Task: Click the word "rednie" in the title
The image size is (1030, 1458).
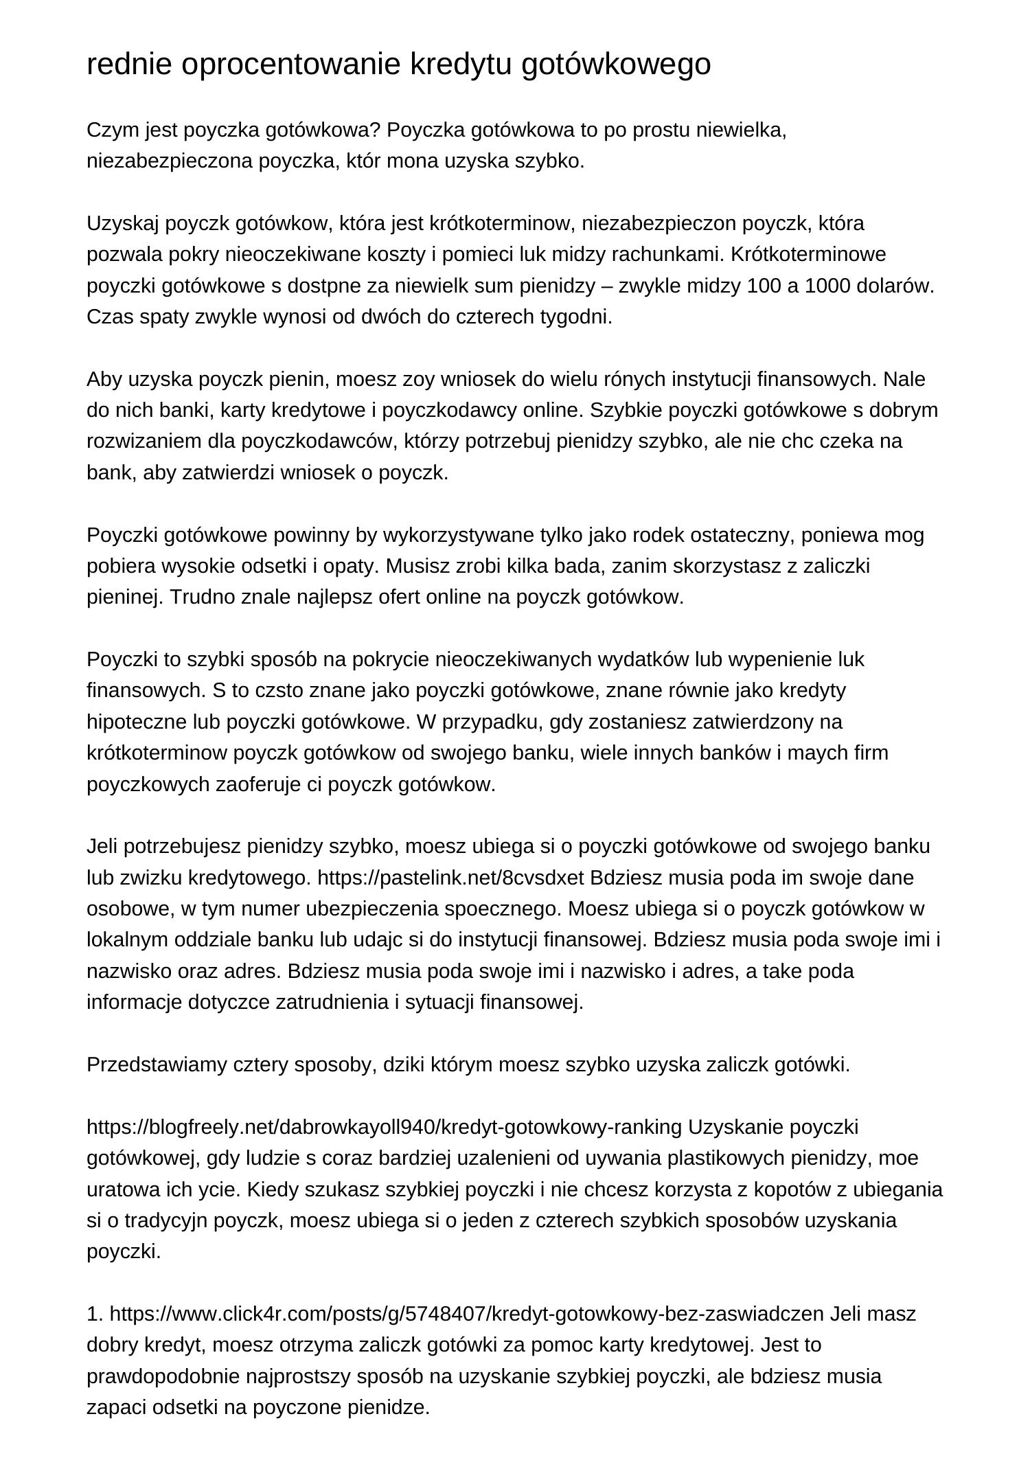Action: [x=130, y=65]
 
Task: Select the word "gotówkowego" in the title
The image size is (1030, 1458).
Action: [x=616, y=65]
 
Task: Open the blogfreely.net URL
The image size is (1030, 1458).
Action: [x=384, y=1127]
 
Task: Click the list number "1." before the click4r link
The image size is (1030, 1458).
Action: [x=95, y=1314]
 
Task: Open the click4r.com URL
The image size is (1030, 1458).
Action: [x=466, y=1314]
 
